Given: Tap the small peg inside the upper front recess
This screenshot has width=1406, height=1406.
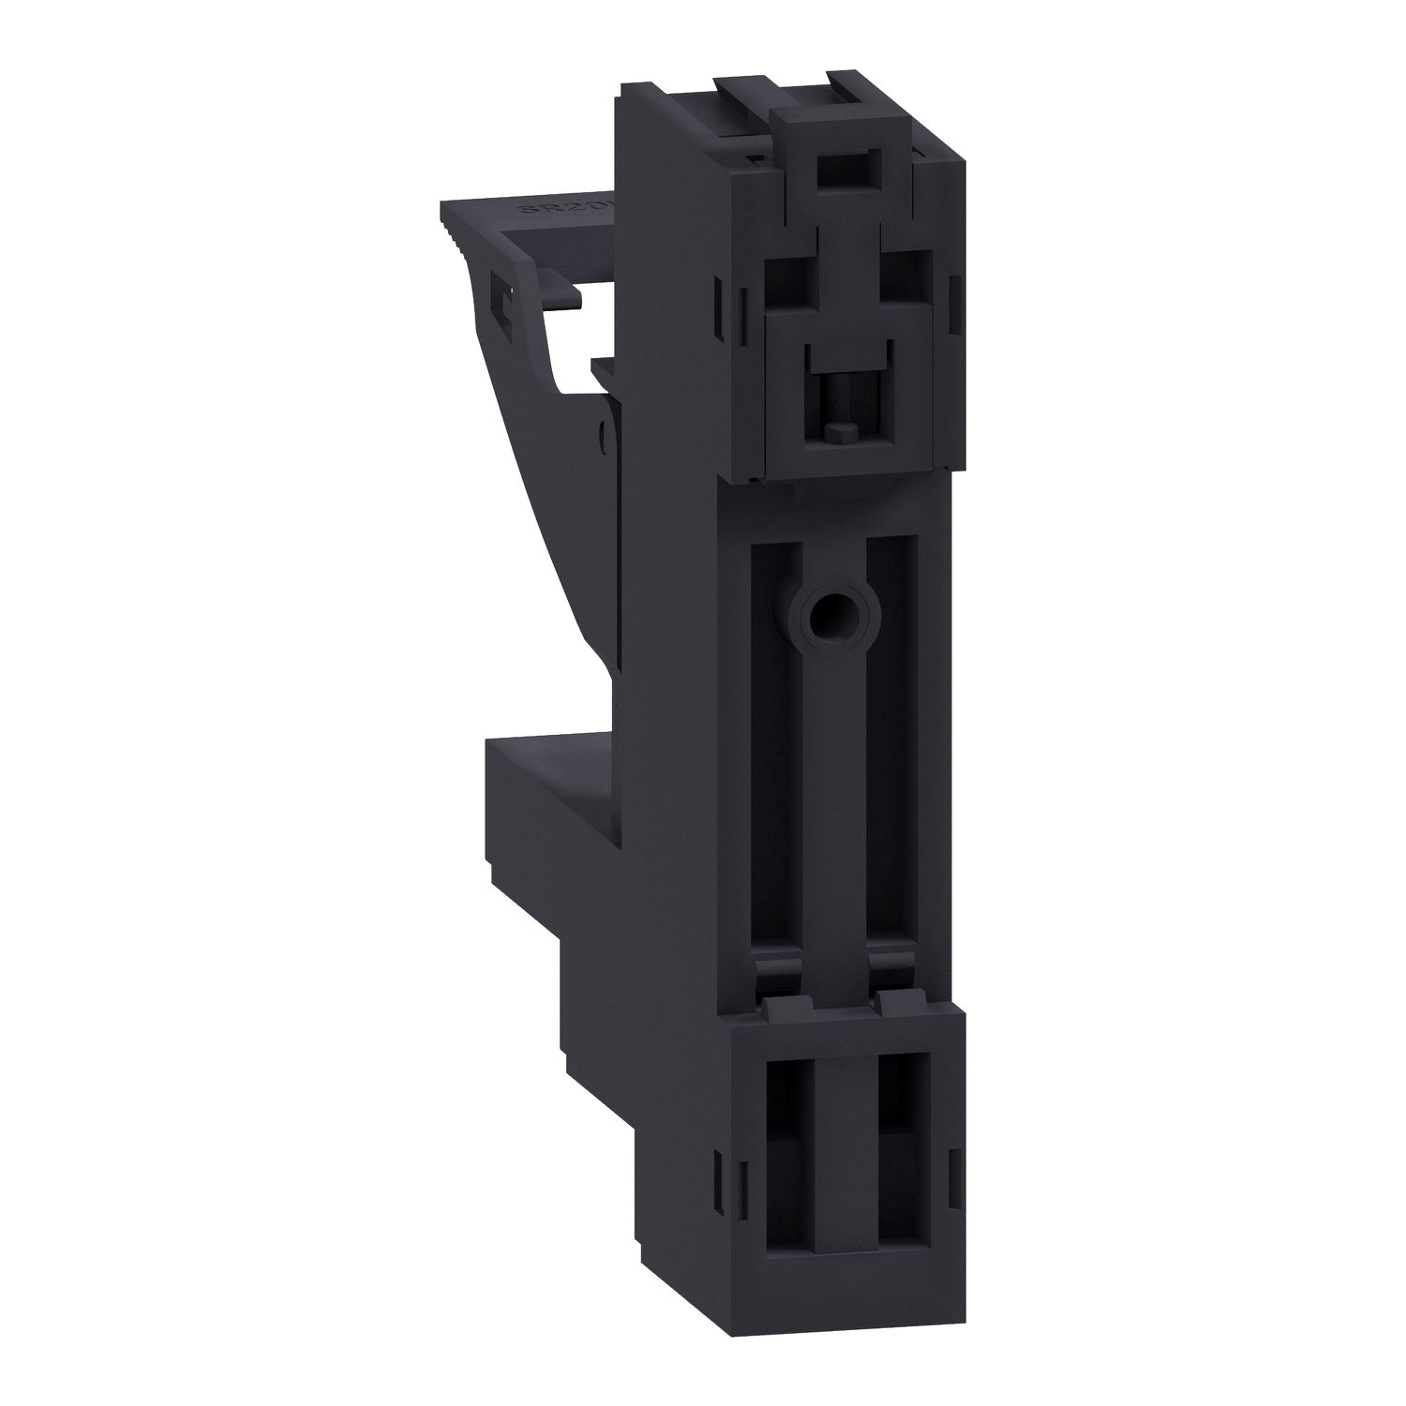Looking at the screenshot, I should pos(841,431).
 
